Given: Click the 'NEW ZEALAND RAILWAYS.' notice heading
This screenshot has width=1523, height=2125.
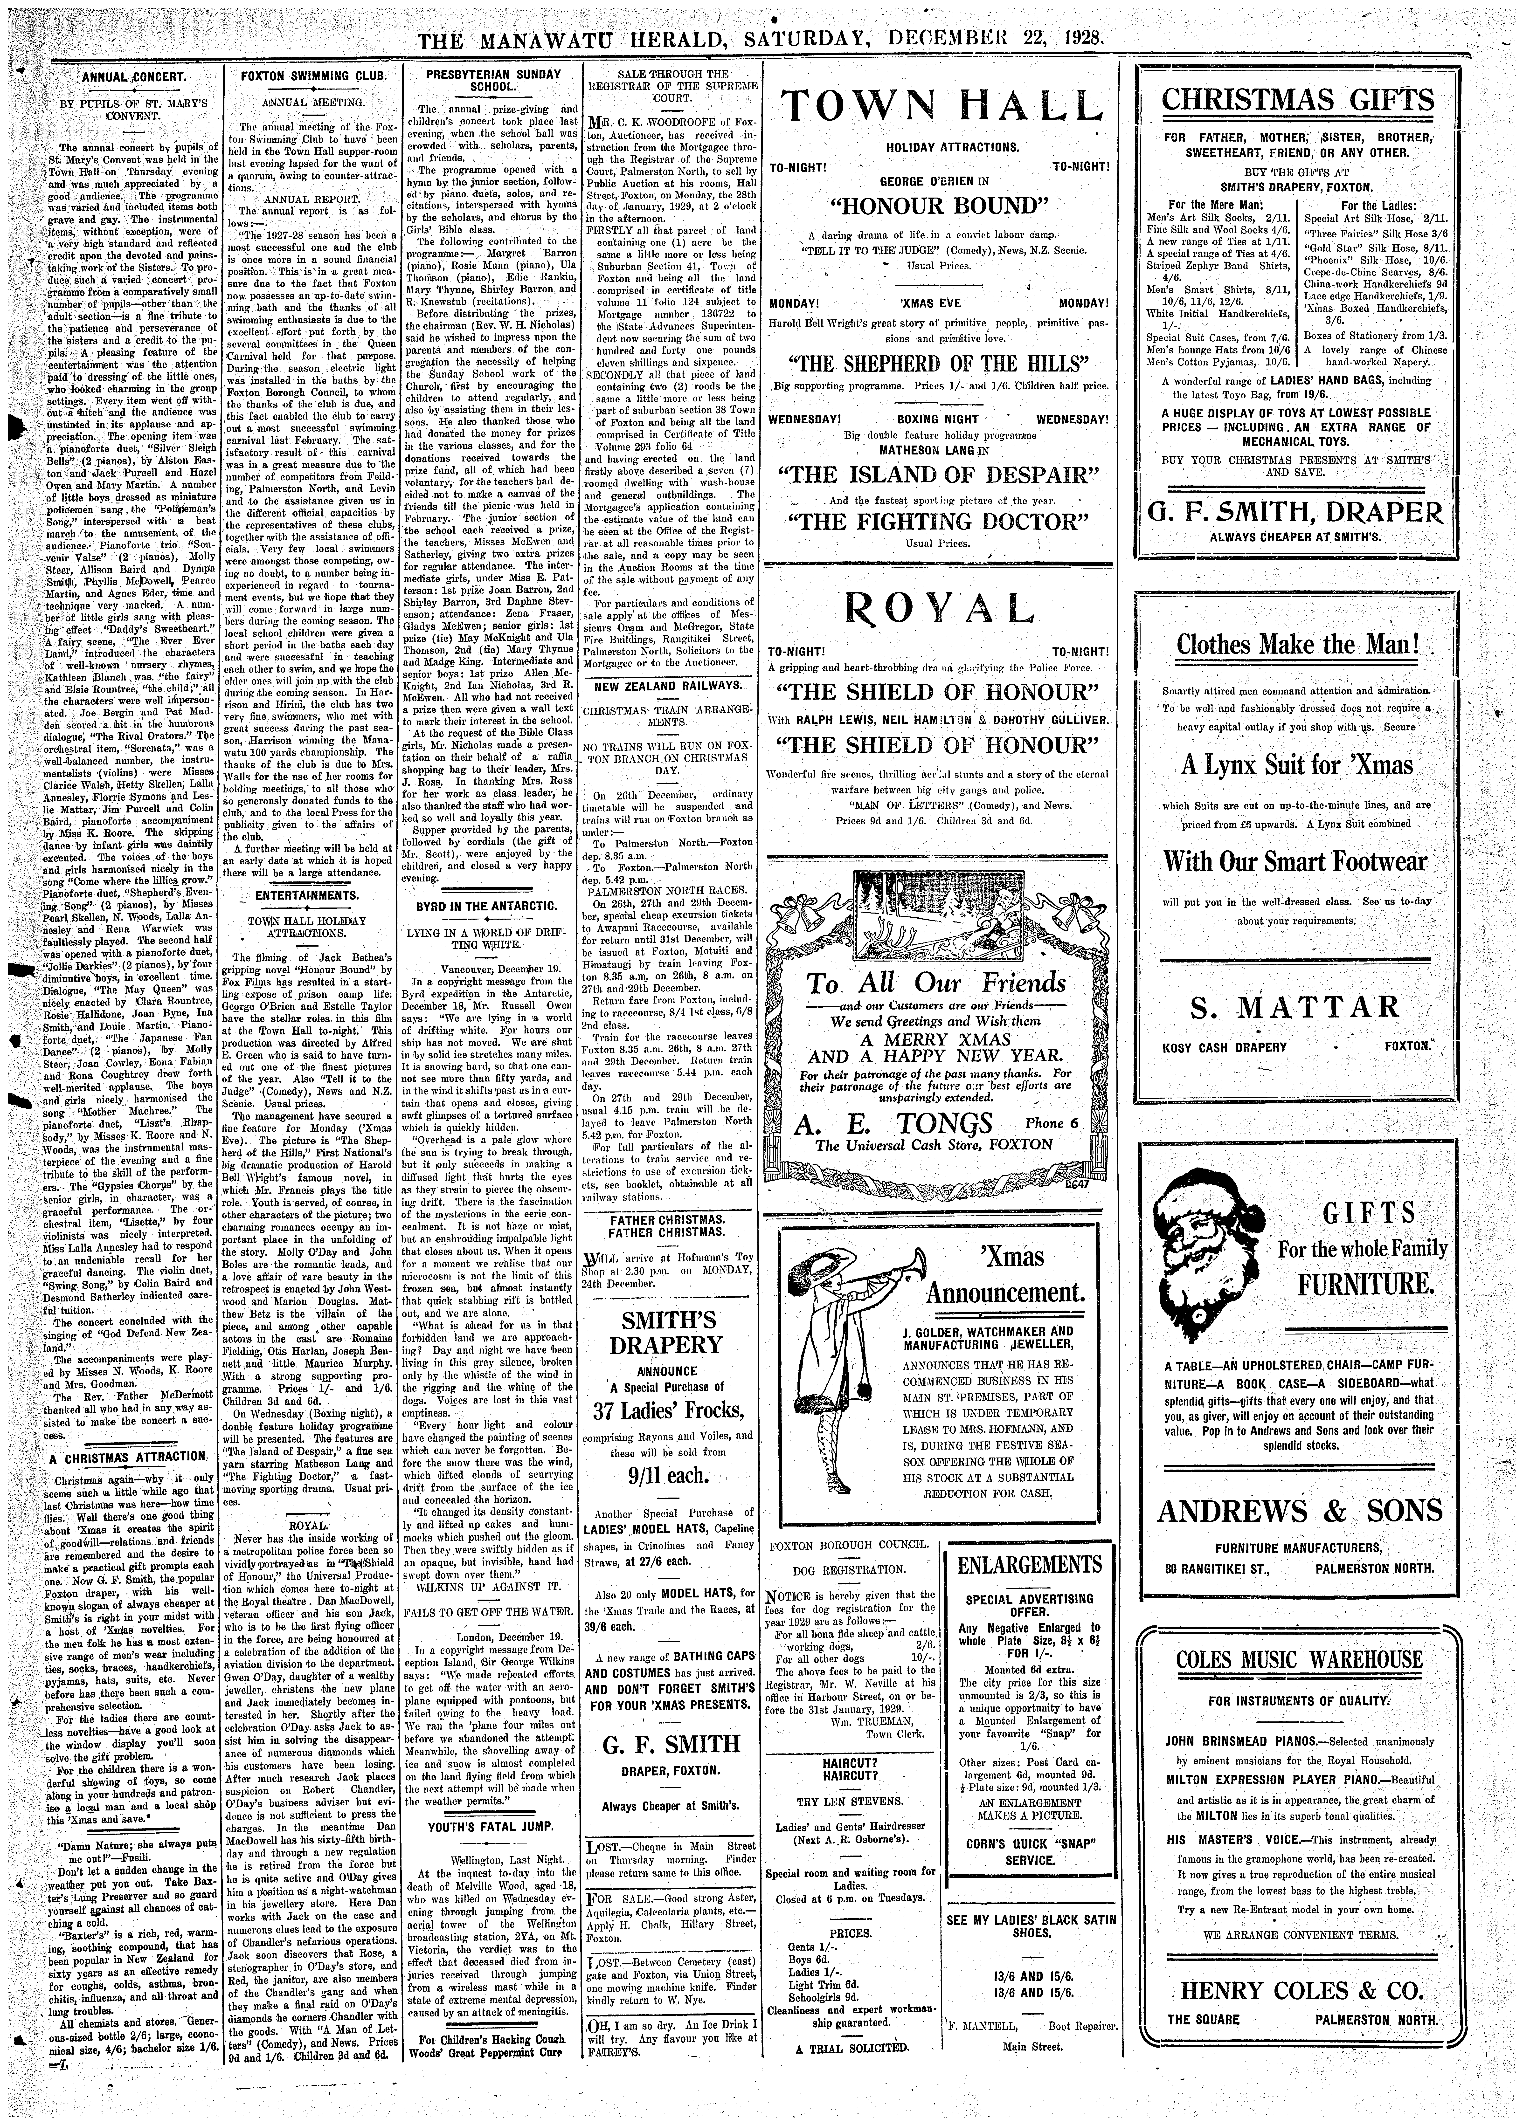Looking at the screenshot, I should click(667, 687).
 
